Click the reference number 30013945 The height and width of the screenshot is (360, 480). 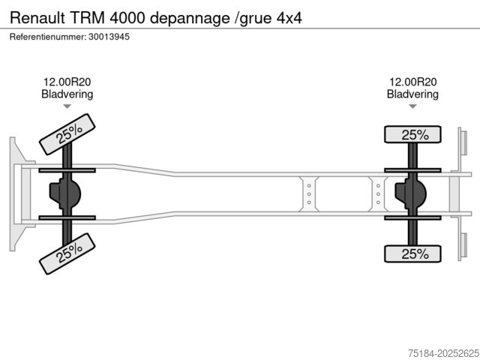click(108, 37)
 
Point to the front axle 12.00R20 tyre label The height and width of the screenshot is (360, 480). click(67, 82)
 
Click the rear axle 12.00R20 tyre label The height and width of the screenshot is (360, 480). click(412, 82)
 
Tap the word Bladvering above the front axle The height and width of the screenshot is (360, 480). click(67, 94)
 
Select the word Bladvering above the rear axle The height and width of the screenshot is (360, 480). click(412, 94)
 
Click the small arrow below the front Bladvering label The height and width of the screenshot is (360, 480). click(67, 107)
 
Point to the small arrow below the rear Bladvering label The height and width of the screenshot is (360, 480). click(412, 107)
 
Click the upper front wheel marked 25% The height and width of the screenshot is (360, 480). click(67, 134)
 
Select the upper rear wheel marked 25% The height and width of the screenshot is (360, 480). click(415, 135)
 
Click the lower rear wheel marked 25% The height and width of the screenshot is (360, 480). click(415, 254)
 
